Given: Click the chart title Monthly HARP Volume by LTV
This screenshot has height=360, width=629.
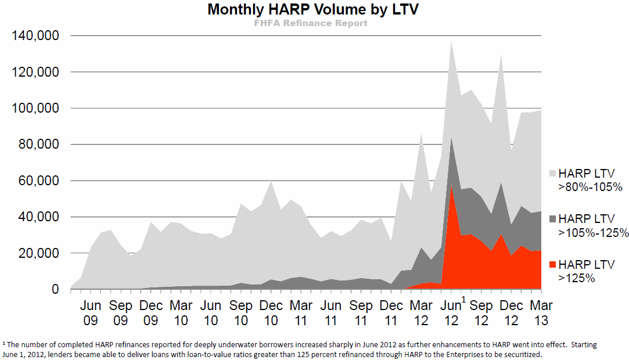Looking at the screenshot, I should pos(312,10).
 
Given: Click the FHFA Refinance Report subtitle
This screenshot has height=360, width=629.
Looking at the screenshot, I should pos(311,23).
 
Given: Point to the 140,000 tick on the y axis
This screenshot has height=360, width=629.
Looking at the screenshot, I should pos(35,36).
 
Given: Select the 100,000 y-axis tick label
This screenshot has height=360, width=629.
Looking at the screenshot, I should pos(35,109).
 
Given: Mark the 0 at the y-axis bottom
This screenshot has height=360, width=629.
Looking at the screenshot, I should pos(55,290).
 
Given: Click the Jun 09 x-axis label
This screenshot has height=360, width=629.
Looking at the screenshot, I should pos(91,312).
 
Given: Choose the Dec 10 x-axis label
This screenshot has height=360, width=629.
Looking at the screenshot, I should pos(271,312).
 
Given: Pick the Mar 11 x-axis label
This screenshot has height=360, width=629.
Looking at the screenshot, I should pos(301,312).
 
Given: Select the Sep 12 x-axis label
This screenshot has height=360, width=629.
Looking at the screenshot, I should pos(481,312).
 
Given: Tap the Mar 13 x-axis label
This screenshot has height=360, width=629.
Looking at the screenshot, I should pos(541,312).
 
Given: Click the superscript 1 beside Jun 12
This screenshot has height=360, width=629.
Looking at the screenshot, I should pos(463,300).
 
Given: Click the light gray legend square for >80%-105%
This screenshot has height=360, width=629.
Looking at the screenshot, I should pos(552,173).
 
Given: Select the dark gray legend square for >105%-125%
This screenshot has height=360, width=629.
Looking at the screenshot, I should pos(552,218).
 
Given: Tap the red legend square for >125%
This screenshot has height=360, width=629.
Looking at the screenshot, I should pos(552,264).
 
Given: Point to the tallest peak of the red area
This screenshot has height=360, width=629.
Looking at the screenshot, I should pos(451,186).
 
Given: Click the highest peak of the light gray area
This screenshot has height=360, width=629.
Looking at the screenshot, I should pos(451,41).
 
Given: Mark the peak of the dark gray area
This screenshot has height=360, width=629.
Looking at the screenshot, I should pos(451,139).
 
